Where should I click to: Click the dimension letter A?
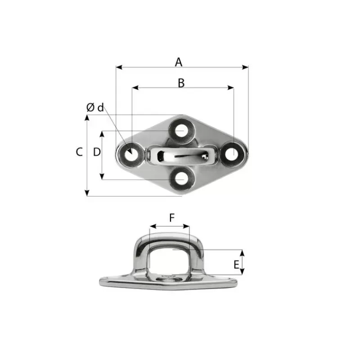pyautogui.click(x=178, y=62)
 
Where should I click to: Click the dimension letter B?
pyautogui.click(x=181, y=83)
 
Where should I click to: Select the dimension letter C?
pyautogui.click(x=79, y=152)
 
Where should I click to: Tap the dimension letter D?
pyautogui.click(x=97, y=152)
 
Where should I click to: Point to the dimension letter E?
pyautogui.click(x=236, y=265)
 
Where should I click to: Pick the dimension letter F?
pyautogui.click(x=172, y=218)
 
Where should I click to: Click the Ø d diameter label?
pyautogui.click(x=95, y=108)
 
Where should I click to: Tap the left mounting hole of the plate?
pyautogui.click(x=131, y=155)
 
